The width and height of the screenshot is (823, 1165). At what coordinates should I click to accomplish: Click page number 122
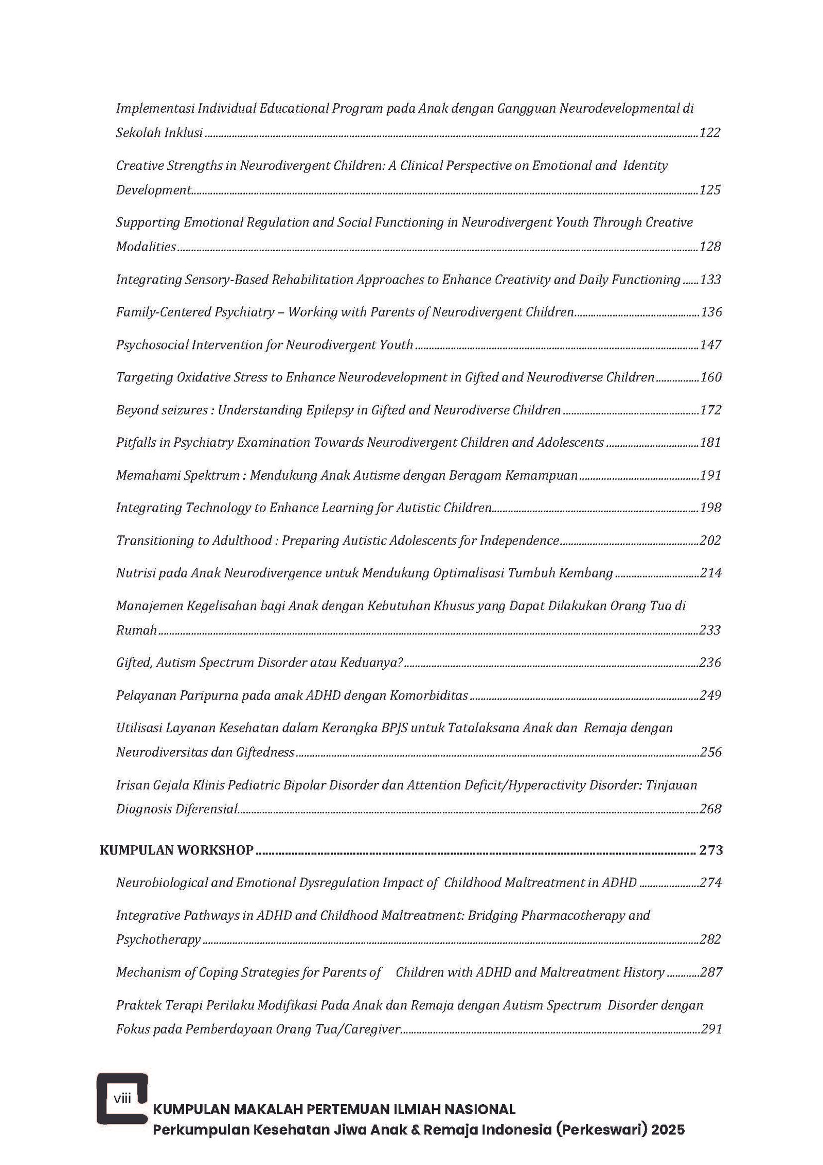click(x=710, y=133)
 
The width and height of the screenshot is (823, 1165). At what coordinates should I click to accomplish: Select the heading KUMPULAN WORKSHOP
click(x=176, y=850)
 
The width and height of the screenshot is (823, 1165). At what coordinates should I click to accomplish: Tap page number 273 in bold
click(x=711, y=850)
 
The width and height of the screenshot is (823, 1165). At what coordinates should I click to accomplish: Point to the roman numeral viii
click(x=122, y=1099)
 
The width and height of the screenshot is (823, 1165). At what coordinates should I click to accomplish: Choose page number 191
click(x=710, y=475)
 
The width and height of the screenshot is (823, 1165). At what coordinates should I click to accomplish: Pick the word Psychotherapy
click(x=158, y=940)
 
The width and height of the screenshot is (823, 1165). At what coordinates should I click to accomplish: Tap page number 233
click(x=710, y=630)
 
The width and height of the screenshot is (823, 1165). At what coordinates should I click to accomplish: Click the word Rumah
click(x=136, y=630)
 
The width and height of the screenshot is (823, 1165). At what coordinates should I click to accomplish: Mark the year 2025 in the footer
click(x=668, y=1129)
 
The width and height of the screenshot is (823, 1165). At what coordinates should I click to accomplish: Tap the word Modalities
click(x=146, y=247)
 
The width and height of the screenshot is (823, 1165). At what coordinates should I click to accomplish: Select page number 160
click(x=711, y=377)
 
